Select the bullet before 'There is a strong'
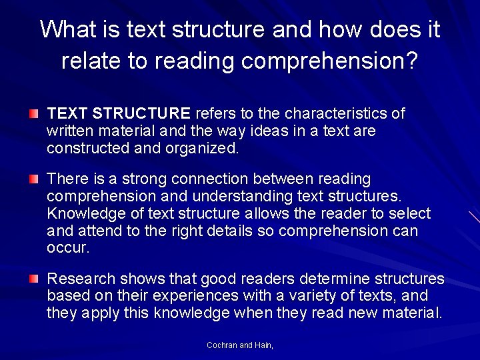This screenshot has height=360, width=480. coord(34,179)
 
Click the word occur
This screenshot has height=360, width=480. coord(67,249)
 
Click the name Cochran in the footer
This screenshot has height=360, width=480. coord(222,345)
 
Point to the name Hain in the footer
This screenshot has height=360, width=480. coord(264,345)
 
